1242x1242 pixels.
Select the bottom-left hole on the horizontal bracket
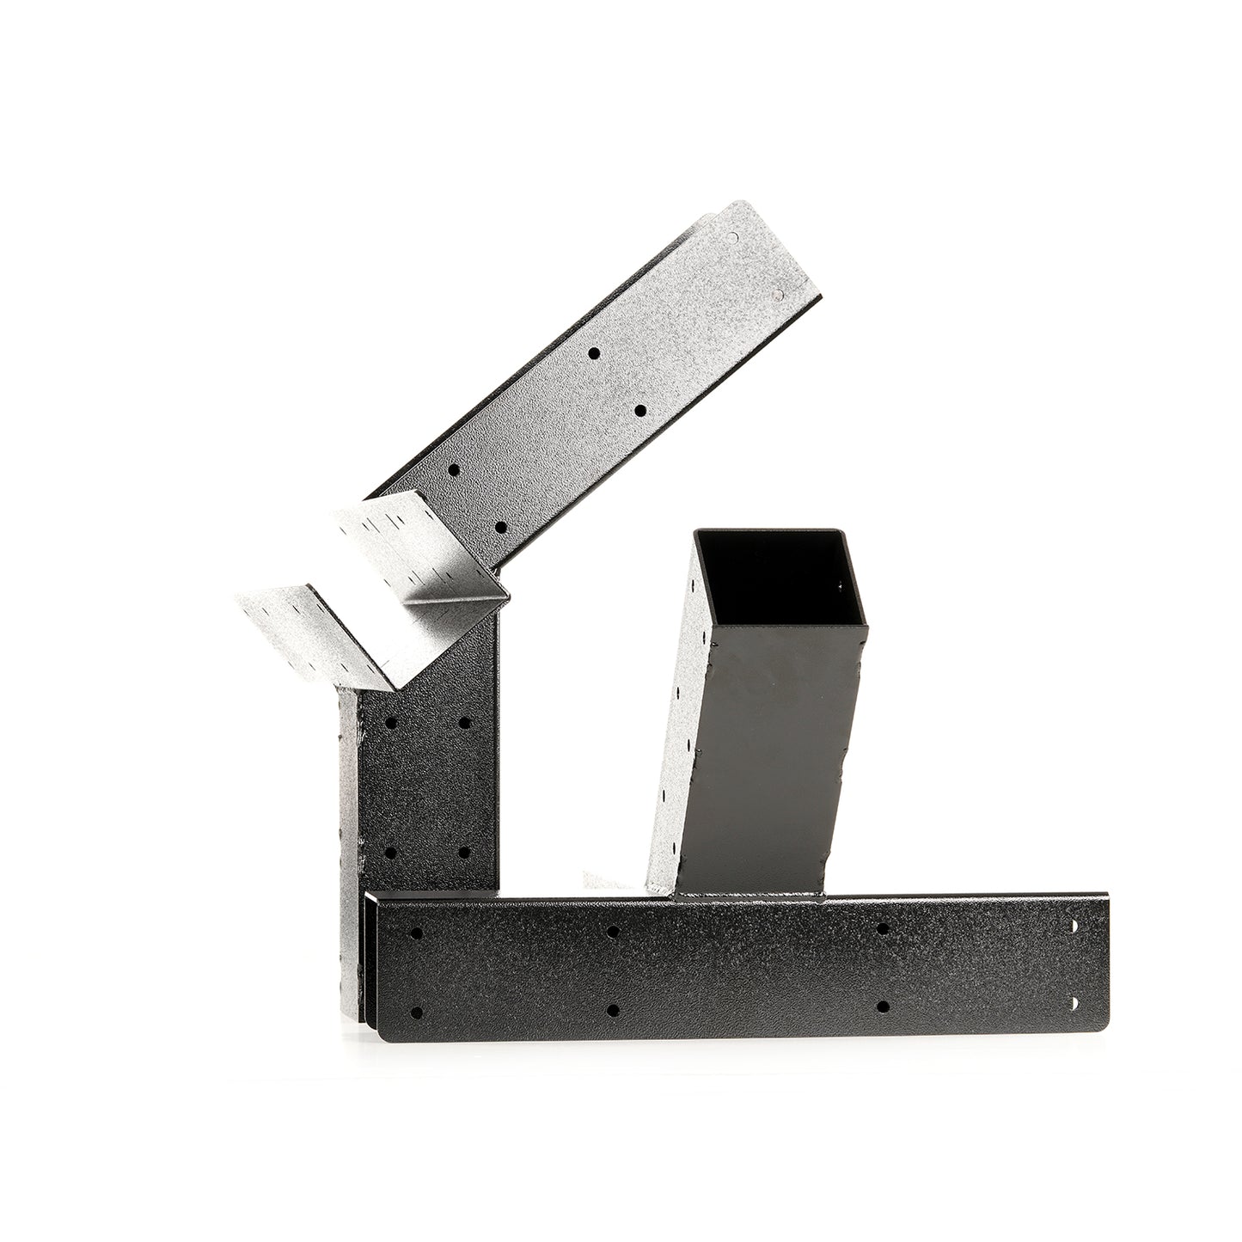tap(416, 1013)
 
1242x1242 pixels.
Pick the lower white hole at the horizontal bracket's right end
tap(1075, 1003)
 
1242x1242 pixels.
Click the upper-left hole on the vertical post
tap(391, 723)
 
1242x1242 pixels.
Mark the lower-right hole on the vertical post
tap(464, 853)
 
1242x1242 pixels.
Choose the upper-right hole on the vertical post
tap(465, 723)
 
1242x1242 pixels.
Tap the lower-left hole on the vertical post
tap(391, 853)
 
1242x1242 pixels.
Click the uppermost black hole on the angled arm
tap(593, 352)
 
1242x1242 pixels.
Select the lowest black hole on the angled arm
tap(500, 527)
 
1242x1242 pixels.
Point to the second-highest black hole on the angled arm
tap(640, 411)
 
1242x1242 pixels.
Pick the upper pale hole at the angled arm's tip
tap(732, 237)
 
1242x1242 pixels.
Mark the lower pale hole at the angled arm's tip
tap(779, 295)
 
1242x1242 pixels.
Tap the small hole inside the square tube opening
tap(841, 586)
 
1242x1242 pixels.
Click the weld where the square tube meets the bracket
tap(748, 896)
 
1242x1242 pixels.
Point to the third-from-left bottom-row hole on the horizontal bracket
tap(883, 1005)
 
